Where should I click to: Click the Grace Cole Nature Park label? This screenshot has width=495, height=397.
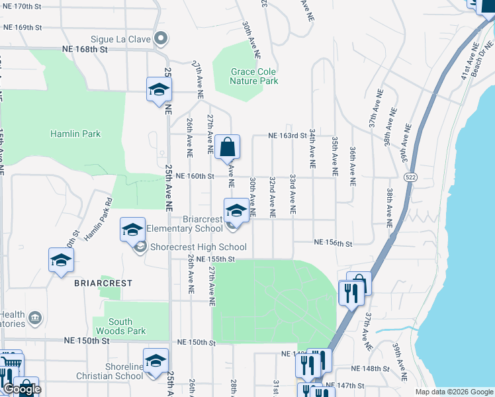pyautogui.click(x=253, y=76)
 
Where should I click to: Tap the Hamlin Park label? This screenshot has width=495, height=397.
pyautogui.click(x=75, y=134)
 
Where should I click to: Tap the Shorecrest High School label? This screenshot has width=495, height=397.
pyautogui.click(x=189, y=247)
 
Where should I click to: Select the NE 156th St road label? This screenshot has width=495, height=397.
pyautogui.click(x=333, y=243)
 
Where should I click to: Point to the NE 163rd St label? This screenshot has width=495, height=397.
pyautogui.click(x=287, y=136)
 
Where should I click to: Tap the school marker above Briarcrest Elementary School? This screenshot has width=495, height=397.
pyautogui.click(x=236, y=211)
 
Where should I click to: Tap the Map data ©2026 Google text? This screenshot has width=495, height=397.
pyautogui.click(x=455, y=392)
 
